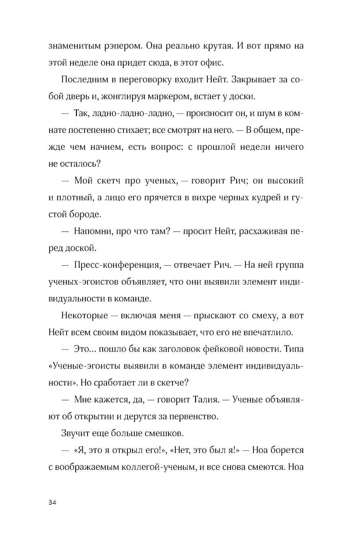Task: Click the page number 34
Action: [53, 503]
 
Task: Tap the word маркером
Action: [170, 96]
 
